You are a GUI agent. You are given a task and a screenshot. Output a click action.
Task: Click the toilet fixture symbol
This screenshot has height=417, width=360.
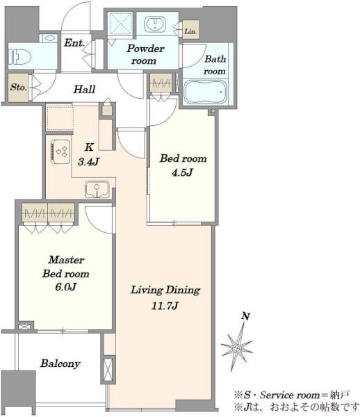pos(20,57)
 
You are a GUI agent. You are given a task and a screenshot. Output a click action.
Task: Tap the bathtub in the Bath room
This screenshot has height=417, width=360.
pos(206,92)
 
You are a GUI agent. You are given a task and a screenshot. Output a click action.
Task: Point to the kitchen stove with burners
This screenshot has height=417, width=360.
pos(61,152)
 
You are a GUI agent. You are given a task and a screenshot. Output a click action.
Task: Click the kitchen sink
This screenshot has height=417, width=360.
pos(97,189)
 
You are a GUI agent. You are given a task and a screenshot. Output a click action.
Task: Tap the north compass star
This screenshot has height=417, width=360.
pos(236,347)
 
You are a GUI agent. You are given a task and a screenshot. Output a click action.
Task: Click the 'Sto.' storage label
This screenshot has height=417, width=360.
pos(18,88)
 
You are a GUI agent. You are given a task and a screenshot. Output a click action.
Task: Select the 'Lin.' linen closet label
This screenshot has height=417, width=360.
pos(190,31)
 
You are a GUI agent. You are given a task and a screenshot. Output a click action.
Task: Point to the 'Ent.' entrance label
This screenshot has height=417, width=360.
pos(74,43)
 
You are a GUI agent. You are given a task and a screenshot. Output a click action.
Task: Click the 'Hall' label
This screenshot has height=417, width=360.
pos(84,90)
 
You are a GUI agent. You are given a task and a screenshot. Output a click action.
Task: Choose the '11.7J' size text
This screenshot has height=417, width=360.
pos(165,306)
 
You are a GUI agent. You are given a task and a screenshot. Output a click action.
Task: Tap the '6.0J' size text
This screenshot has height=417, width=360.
pos(66,287)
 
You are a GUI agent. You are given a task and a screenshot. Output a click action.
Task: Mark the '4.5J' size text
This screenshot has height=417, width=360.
pos(182,172)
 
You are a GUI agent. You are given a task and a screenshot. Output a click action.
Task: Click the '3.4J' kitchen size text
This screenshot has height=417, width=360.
pos(88,161)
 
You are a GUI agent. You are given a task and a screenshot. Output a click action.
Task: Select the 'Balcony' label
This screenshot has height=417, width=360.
pos(60,363)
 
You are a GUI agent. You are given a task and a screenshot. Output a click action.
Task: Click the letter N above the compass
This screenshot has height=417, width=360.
pos(245,316)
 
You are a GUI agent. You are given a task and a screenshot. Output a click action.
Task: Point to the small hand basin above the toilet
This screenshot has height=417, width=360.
pos(49,38)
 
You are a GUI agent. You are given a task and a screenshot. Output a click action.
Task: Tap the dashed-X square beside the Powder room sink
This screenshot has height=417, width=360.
pos(121,24)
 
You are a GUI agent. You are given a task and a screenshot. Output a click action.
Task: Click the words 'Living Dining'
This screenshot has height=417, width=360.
pos(165,290)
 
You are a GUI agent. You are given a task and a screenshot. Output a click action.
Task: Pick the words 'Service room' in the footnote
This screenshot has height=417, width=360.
pos(290,395)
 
